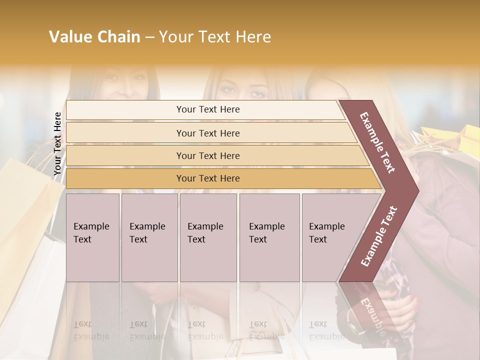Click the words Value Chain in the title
[94, 37]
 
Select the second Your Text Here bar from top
[208, 133]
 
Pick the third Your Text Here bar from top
[208, 155]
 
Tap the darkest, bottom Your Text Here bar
[208, 178]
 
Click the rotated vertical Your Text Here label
[57, 143]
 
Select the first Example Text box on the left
[92, 237]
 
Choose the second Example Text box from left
[149, 237]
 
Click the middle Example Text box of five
[208, 237]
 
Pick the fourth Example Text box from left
[269, 237]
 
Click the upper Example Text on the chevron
[378, 142]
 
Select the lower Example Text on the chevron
[379, 236]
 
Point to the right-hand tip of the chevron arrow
[417, 190]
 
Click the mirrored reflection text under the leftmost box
[91, 330]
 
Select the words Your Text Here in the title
[215, 37]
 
